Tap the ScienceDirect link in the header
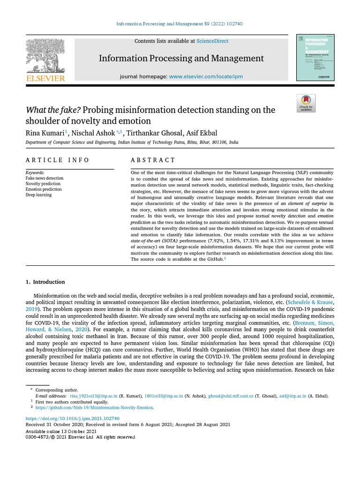212,41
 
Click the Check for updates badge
306,103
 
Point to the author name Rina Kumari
45,133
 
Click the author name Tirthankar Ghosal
154,133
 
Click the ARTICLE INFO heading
57,160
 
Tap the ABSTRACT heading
152,160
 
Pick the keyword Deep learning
38,195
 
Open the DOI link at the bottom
72,418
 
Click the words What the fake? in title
53,110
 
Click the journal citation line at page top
180,24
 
